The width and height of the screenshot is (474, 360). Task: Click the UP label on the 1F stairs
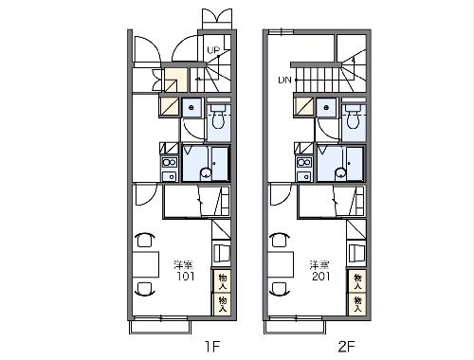213,50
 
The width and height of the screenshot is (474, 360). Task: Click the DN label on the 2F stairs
284,81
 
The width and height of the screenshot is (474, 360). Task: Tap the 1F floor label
212,347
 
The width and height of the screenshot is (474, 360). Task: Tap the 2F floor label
346,347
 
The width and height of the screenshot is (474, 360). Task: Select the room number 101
185,277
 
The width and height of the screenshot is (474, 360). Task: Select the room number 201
320,277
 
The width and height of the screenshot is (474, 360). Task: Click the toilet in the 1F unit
218,117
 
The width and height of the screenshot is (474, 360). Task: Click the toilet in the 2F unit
353,117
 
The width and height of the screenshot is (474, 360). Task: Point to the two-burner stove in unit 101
170,163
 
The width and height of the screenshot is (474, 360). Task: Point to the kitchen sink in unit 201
304,176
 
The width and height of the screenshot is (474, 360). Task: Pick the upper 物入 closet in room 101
223,281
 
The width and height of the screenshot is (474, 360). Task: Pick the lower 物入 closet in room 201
357,304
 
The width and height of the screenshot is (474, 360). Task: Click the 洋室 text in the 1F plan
183,264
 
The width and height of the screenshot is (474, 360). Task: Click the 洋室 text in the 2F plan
319,264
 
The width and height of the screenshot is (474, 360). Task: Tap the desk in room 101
146,264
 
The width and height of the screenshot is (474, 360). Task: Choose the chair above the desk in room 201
281,240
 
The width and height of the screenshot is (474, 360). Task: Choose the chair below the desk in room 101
145,288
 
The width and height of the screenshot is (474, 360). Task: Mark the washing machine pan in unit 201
326,108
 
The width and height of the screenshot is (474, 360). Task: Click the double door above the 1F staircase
217,15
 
